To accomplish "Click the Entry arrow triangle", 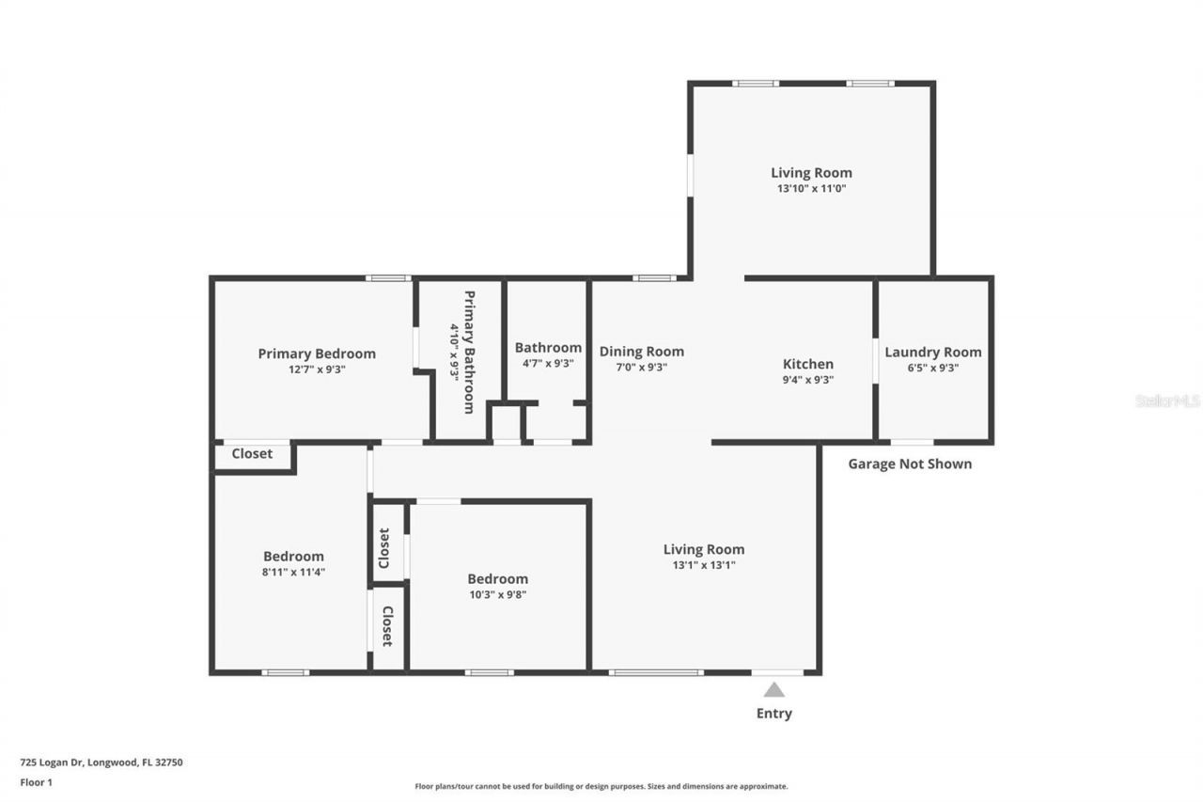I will pos(773,690).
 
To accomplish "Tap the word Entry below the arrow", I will pos(773,714).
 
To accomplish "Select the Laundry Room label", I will pos(932,353).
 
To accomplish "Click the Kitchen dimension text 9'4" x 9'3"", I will pos(808,381).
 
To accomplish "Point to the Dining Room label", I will pos(642,352).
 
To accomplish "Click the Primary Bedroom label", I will pos(317,354).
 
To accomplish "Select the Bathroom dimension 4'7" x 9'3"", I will pos(548,363).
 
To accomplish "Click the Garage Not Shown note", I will pos(910,464).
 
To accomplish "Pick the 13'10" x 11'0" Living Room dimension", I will pos(811,188).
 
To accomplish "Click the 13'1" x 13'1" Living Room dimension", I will pos(704,565).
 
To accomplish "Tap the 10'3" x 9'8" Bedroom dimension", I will pos(497,594).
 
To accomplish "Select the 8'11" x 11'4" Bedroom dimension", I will pos(293,572).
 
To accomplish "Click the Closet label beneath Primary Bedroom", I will pos(252,454).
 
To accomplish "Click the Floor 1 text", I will pos(36,781).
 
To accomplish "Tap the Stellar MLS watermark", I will pos(1167,401).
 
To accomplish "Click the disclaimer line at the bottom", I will pos(601,786).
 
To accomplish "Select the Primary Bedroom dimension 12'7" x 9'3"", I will pos(317,370).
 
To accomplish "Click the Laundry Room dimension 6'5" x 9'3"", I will pos(932,369).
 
